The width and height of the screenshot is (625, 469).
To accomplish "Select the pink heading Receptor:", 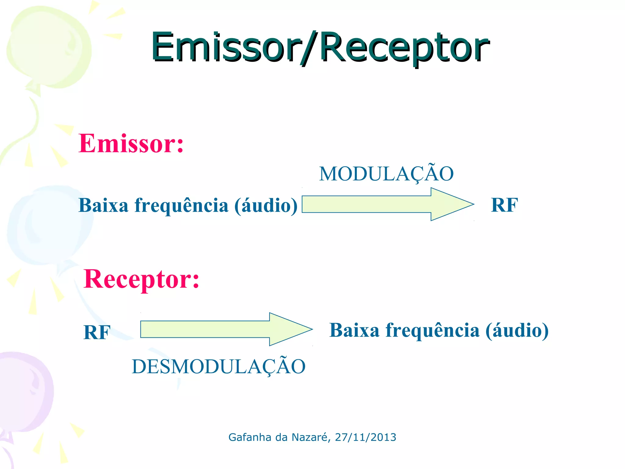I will tap(141, 279).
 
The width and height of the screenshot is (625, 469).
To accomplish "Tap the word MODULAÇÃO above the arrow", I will tap(386, 174).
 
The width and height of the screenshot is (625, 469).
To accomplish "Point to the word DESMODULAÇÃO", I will tap(219, 366).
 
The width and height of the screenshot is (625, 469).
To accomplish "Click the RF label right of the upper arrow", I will tap(504, 205).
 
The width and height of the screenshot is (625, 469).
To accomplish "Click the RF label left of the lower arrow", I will tap(97, 332).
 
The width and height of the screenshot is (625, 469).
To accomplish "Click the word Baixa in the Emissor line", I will tap(103, 205).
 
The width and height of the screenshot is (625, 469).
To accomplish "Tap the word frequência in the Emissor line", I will tap(181, 205).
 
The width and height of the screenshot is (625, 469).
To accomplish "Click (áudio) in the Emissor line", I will tap(266, 205).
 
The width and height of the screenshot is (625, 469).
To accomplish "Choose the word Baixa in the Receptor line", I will tap(354, 330).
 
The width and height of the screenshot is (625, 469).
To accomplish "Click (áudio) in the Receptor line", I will tap(517, 330).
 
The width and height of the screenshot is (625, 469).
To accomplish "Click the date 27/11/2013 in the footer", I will tap(365, 437).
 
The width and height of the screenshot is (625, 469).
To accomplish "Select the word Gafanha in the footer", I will tap(250, 437).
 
